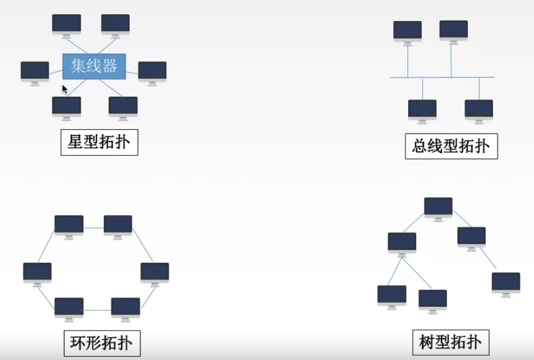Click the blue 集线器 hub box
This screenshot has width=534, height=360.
(x=94, y=65)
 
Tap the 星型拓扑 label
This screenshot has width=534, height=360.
(x=99, y=142)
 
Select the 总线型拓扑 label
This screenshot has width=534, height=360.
(x=450, y=146)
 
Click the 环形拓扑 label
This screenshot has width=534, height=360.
(x=101, y=343)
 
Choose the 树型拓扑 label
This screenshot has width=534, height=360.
(x=450, y=342)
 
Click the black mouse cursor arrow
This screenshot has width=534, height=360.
(x=65, y=89)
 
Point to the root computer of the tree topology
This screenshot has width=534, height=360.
(x=438, y=208)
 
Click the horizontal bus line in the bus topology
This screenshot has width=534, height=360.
(x=442, y=78)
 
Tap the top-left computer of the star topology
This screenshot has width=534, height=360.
(x=67, y=24)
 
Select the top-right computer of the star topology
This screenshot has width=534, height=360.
(x=116, y=24)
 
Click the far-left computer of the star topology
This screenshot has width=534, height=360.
(x=35, y=71)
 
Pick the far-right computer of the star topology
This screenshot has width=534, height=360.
(x=152, y=71)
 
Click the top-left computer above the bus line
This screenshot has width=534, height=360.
(x=407, y=31)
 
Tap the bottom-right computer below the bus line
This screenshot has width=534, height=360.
(x=479, y=110)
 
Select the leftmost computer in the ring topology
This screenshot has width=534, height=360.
(x=37, y=272)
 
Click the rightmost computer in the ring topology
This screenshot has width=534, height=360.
(x=155, y=272)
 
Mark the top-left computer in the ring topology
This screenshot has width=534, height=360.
(x=69, y=225)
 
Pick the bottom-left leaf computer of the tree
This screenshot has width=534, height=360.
(x=392, y=295)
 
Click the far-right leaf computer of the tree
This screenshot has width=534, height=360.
(x=506, y=282)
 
